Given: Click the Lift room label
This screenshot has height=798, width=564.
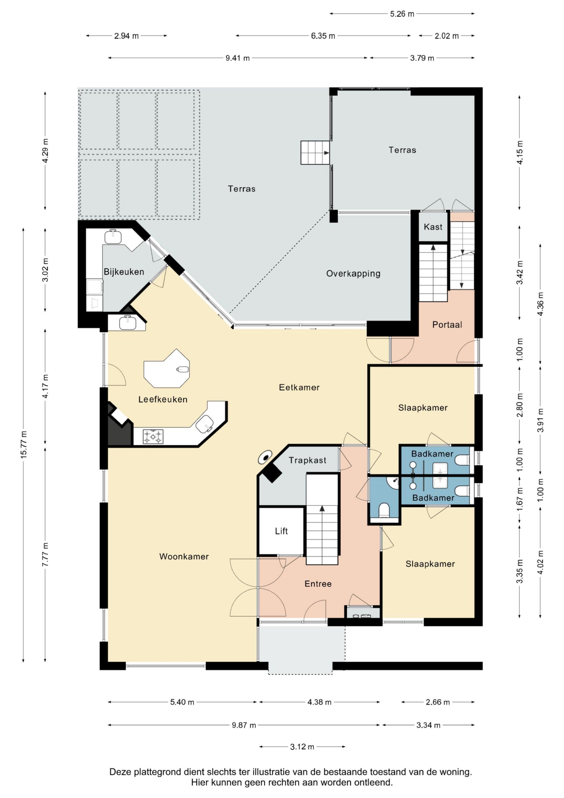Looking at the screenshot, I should coord(281,531).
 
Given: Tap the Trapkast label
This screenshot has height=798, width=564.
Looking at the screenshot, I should coord(308,461).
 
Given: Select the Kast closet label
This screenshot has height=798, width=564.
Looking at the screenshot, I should coord(433,227).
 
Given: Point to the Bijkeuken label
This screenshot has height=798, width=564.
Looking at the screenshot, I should coord(124,272).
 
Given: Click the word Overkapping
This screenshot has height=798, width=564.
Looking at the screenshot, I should coord(353,274).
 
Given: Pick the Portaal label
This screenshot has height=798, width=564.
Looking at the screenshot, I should coord(447,325).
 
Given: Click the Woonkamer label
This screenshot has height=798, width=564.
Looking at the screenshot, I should coord(184,557).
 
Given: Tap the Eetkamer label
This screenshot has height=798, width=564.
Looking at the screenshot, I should coord(299,387).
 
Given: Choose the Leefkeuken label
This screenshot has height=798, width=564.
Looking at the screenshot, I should coord(163,399).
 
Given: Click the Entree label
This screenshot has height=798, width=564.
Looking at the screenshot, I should coord(318,584).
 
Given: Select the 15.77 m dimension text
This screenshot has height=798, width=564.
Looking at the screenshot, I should coord(24,445).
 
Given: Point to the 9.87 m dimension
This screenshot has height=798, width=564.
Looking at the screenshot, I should coord(244,725).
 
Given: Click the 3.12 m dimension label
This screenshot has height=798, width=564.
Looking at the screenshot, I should coord(302,747).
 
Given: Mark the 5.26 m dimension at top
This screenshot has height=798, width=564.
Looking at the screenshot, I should coord(402,14).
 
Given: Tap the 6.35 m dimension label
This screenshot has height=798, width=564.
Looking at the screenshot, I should coord(323,36).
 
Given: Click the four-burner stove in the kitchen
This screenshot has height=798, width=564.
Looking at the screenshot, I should coord(153,437).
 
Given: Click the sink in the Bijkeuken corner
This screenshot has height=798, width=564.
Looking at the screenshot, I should coord(113,237).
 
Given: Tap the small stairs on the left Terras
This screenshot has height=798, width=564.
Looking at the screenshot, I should coord(315,153).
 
